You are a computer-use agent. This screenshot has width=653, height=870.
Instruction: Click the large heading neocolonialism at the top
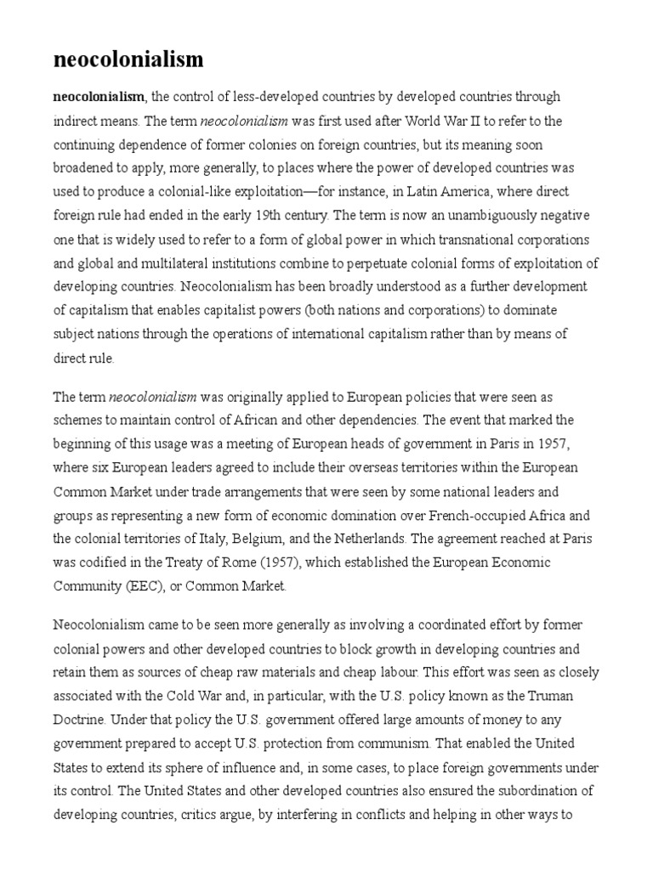(x=128, y=59)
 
